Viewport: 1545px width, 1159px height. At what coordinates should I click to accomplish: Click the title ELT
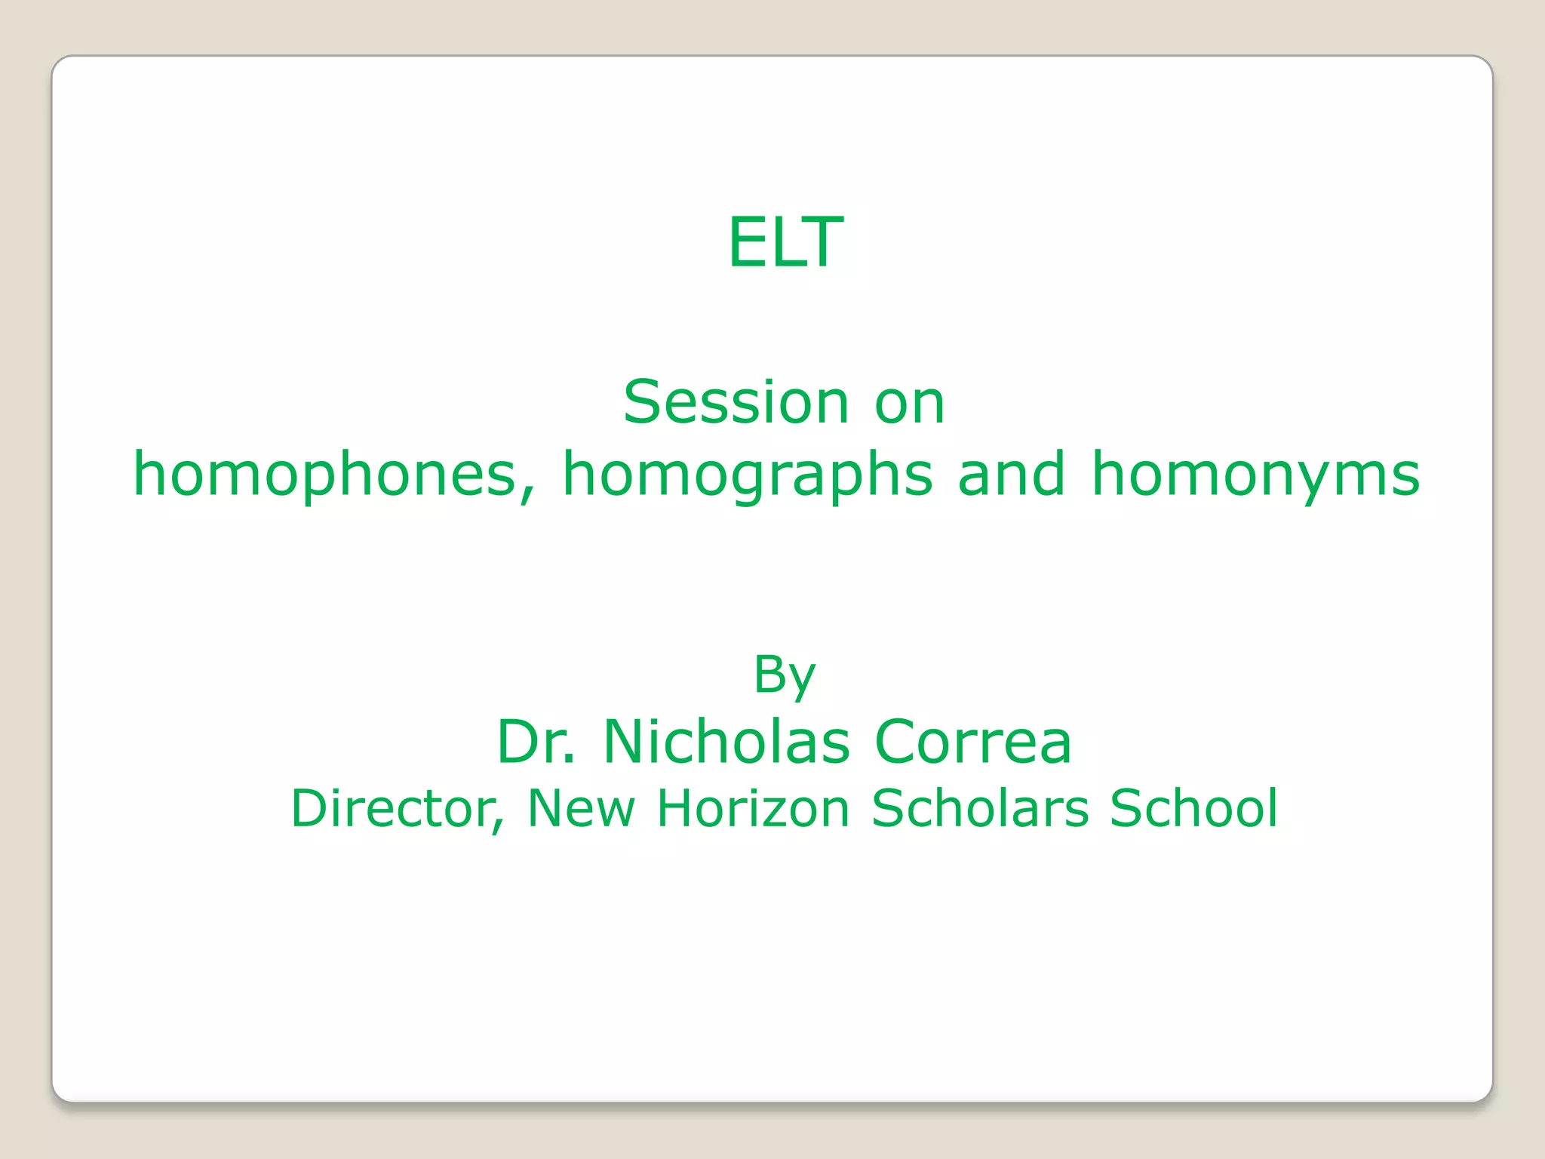785,242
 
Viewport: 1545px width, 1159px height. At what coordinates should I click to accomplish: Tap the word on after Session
909,404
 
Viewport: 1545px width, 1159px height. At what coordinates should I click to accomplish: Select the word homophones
325,475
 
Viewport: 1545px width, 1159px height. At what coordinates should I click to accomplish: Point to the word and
1012,474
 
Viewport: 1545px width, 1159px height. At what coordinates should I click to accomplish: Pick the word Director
392,808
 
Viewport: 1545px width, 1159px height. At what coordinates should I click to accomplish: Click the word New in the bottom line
581,808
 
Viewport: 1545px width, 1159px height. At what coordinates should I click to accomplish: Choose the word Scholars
980,808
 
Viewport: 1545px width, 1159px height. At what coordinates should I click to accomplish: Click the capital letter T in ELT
823,242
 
